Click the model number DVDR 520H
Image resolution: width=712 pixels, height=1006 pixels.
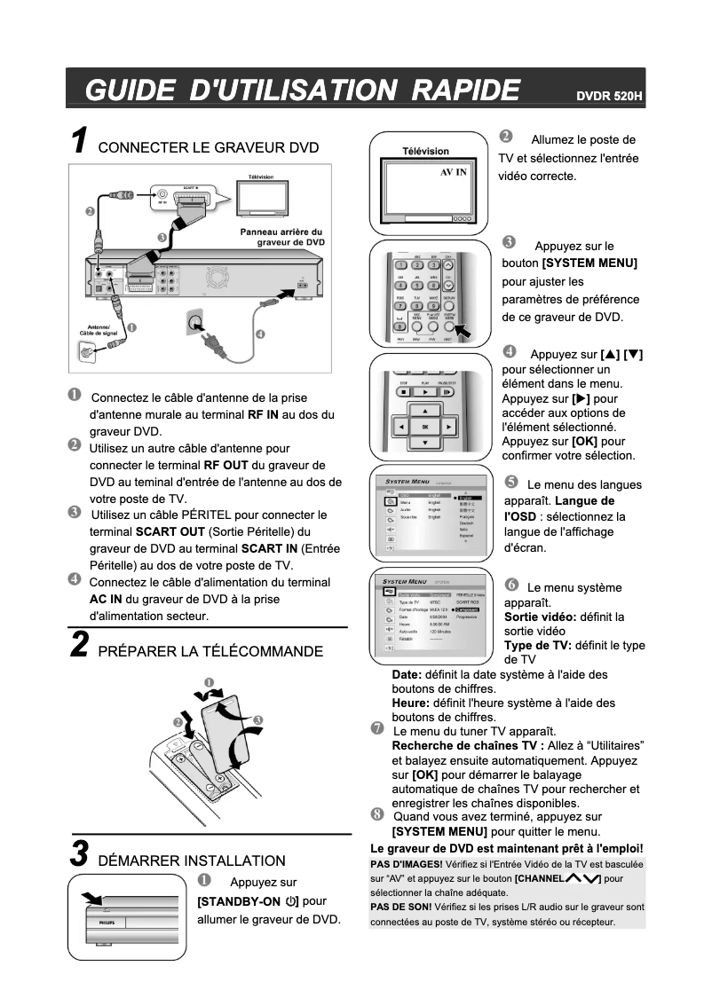point(608,95)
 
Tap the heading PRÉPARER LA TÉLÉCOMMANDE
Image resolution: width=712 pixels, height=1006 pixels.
point(210,652)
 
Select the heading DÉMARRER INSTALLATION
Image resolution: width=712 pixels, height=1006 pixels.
point(192,861)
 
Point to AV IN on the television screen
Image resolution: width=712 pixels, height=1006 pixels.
point(454,171)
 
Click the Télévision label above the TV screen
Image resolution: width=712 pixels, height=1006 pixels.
point(426,151)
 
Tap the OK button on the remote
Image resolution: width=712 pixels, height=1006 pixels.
point(425,427)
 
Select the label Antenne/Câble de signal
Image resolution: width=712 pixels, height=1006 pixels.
point(97,328)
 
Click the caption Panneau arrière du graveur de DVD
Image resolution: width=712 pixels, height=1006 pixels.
point(283,236)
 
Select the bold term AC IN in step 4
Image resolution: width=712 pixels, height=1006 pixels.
point(107,599)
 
